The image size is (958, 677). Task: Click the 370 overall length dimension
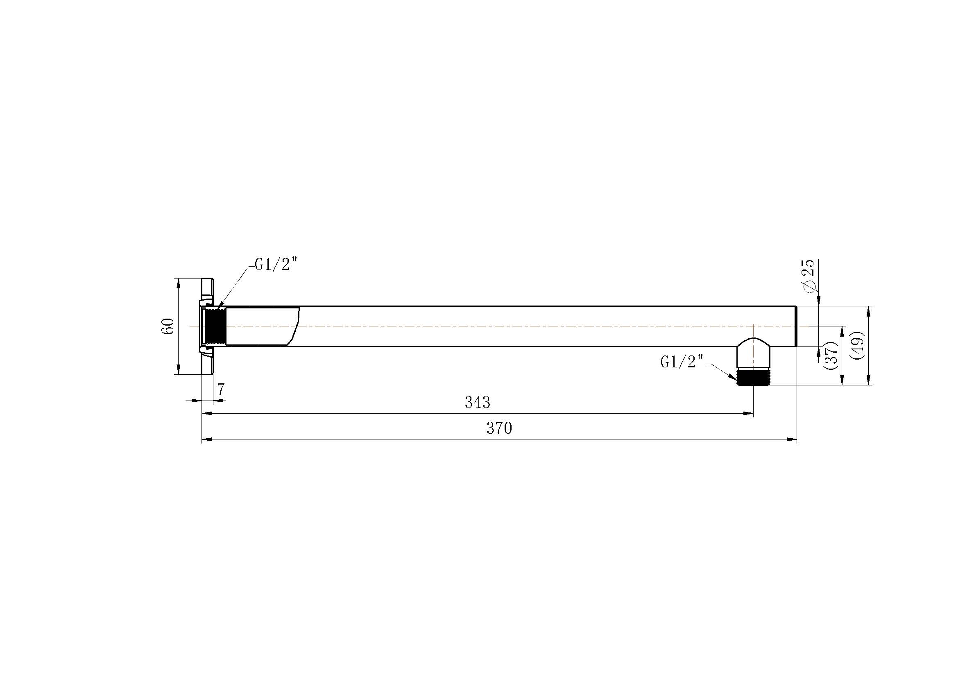tap(499, 428)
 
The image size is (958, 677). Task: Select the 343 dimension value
tap(477, 402)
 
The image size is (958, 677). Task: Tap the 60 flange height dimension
tap(168, 326)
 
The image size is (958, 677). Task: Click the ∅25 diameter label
tap(808, 276)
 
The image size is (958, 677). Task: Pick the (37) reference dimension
tap(831, 355)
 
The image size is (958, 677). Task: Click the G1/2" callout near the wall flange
tap(276, 264)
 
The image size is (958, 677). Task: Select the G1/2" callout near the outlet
tap(682, 361)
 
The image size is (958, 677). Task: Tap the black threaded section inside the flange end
tap(216, 326)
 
